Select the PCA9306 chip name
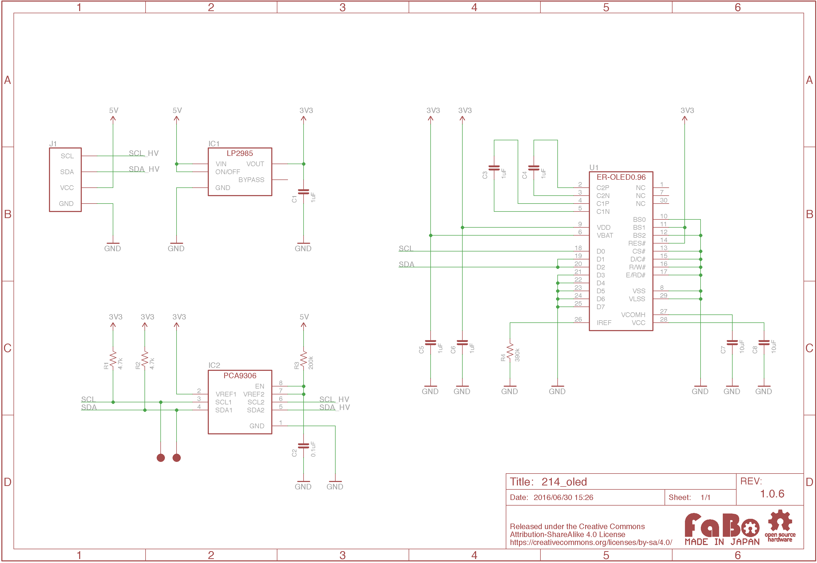coord(240,376)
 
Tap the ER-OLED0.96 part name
coord(621,177)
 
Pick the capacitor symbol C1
coord(303,192)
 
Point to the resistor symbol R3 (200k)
coord(303,359)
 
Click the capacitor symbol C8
coord(764,343)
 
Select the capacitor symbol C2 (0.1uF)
coord(303,446)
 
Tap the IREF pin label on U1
coord(604,323)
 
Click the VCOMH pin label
coord(633,315)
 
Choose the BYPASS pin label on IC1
coord(251,180)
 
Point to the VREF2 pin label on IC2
coord(254,394)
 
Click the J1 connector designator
coord(53,143)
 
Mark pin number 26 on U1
coord(578,319)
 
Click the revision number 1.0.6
coord(772,494)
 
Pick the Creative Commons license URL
coord(591,543)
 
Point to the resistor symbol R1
coord(113,359)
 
